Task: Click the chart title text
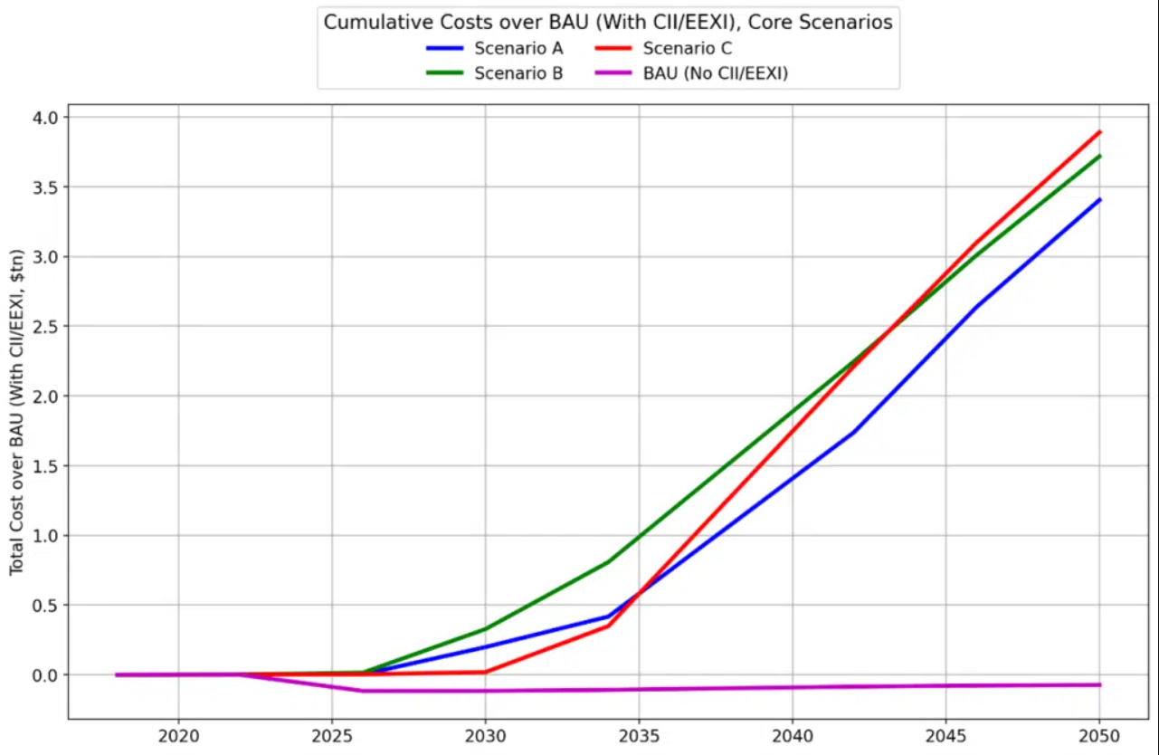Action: [x=608, y=23]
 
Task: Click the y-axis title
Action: [x=17, y=414]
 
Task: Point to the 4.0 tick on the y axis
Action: [x=46, y=118]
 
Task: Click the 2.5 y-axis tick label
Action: [x=46, y=327]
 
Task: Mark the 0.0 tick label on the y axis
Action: [x=46, y=675]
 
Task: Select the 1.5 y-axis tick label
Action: [x=46, y=466]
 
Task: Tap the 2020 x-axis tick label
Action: [x=178, y=737]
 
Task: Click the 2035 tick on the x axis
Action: [x=639, y=737]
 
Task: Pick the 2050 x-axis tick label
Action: [x=1099, y=737]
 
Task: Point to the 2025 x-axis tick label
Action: [x=332, y=737]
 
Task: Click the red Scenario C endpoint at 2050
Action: [x=1099, y=132]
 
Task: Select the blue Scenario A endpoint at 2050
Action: [x=1099, y=199]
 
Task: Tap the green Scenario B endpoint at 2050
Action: [x=1099, y=156]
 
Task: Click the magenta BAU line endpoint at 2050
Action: [x=1099, y=684]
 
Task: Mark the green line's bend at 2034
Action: [x=608, y=562]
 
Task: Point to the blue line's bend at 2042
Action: [x=853, y=432]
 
